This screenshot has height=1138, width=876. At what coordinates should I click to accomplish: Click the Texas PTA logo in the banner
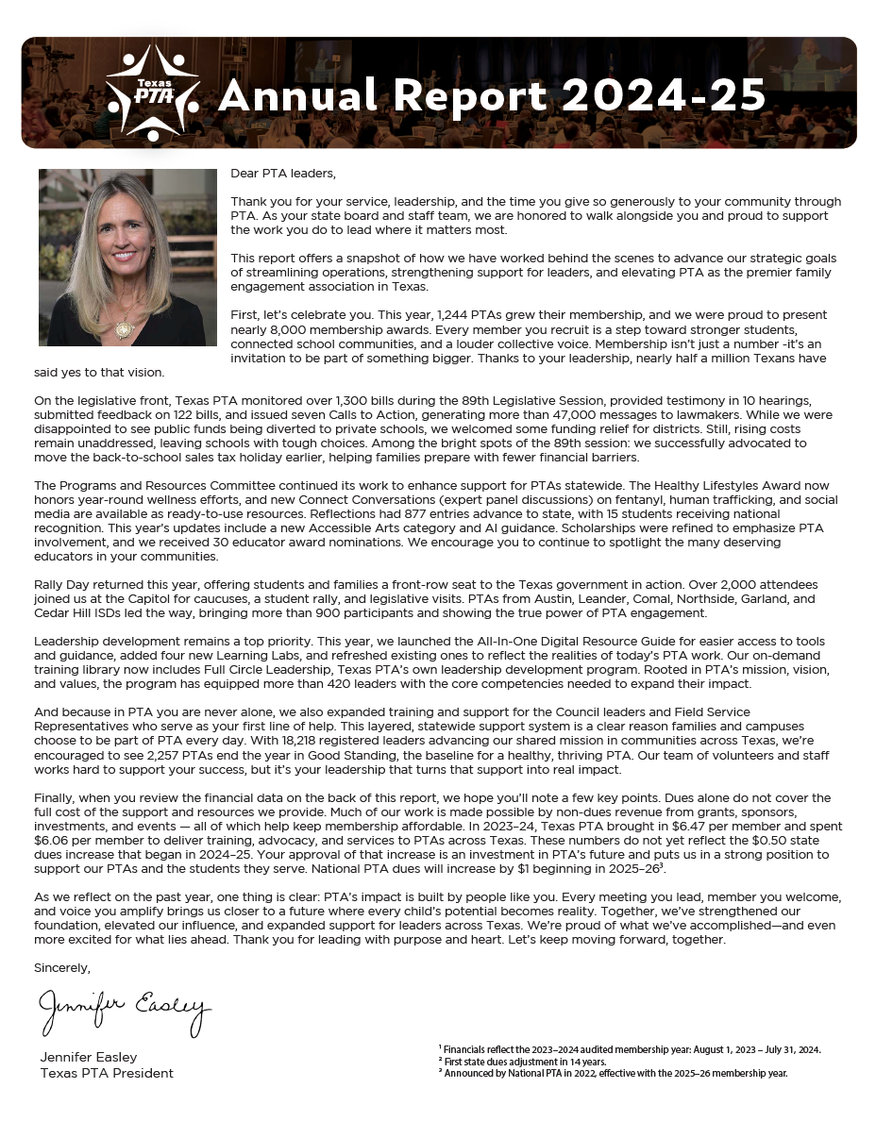pyautogui.click(x=151, y=92)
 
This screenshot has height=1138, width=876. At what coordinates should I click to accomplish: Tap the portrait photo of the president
pyautogui.click(x=122, y=257)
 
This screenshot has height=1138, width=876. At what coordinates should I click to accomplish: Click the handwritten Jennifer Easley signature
pyautogui.click(x=124, y=1011)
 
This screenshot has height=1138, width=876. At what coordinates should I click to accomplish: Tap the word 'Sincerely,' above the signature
pyautogui.click(x=62, y=967)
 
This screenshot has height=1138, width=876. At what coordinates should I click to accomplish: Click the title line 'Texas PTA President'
pyautogui.click(x=107, y=1073)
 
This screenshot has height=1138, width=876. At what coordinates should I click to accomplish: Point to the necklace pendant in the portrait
pyautogui.click(x=121, y=328)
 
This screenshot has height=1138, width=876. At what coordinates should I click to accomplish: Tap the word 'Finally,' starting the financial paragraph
pyautogui.click(x=55, y=797)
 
